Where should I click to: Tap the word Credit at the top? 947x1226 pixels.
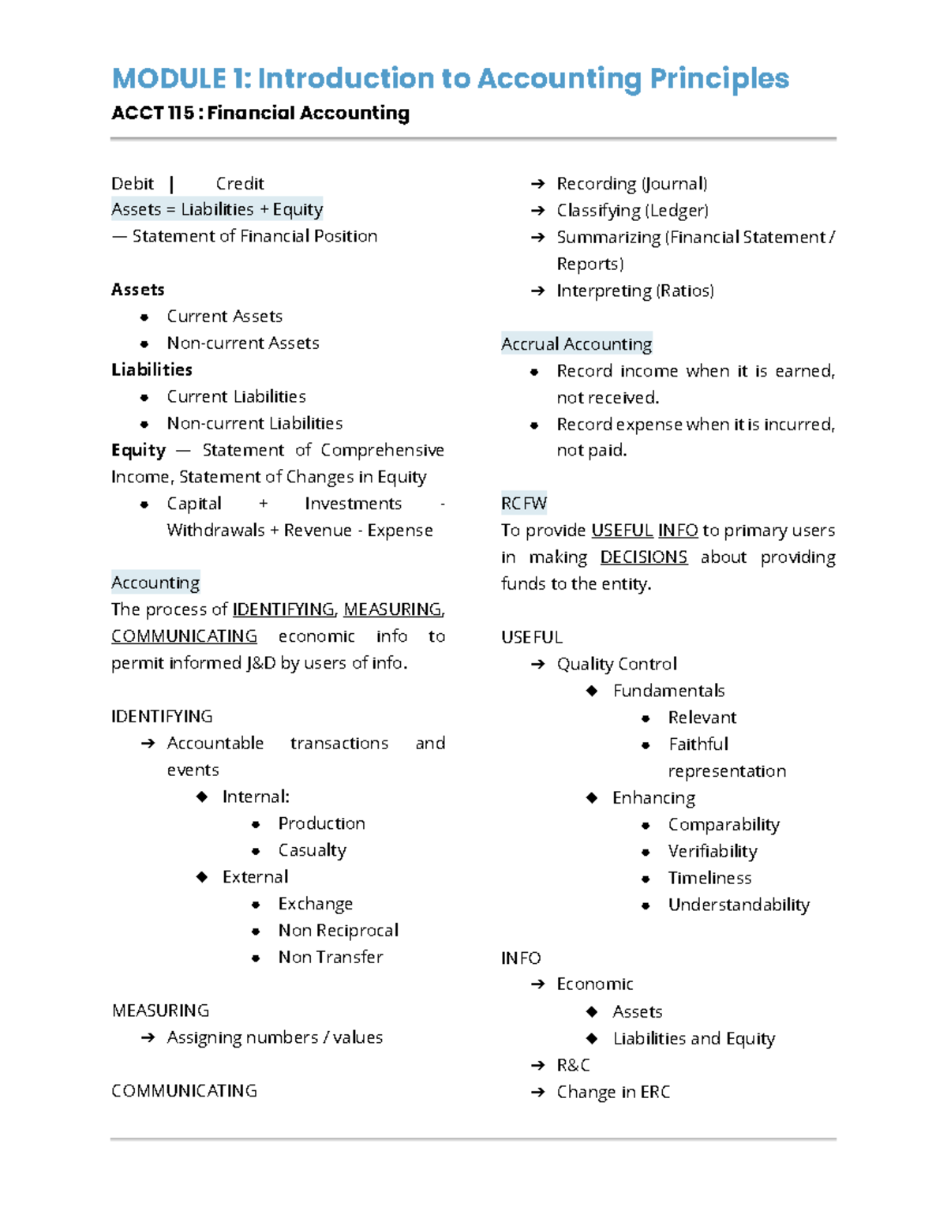click(240, 184)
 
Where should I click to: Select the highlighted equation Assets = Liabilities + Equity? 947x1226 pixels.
click(217, 209)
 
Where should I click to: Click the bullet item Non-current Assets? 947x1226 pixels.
click(242, 343)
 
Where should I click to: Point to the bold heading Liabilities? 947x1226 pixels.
click(152, 369)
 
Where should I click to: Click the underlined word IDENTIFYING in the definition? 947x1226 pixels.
click(283, 609)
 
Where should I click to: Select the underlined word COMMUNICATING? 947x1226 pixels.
click(184, 636)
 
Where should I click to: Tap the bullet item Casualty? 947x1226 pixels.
click(312, 850)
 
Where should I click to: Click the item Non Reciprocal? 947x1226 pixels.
click(338, 931)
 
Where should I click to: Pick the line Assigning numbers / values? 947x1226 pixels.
click(275, 1037)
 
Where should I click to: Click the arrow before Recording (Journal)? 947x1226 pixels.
click(537, 184)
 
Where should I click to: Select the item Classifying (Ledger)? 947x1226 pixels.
click(632, 211)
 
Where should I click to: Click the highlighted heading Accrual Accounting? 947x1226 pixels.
click(576, 344)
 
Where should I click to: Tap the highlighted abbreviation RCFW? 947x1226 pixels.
click(523, 504)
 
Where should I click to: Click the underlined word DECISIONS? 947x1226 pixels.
click(643, 557)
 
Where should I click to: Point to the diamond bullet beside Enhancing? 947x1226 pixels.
click(592, 797)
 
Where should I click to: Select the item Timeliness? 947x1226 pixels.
click(709, 878)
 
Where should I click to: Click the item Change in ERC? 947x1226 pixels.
click(613, 1092)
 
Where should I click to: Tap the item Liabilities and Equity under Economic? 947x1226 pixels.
click(694, 1039)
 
